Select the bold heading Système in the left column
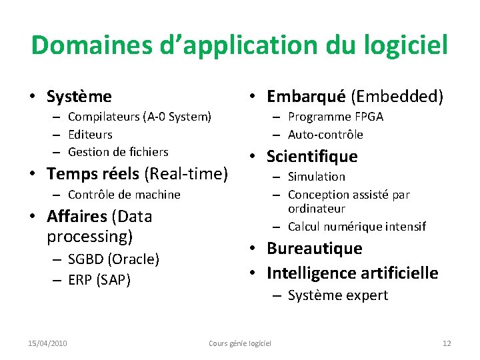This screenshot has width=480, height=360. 79,97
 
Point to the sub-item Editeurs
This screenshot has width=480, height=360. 90,135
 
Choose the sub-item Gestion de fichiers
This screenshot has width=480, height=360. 118,152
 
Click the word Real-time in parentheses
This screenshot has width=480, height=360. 187,174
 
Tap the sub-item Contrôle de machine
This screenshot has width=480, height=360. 124,195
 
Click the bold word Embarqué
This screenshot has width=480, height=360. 306,97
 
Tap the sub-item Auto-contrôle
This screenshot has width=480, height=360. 325,135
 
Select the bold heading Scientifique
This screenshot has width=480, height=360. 312,157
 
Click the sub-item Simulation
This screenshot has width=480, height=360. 317,177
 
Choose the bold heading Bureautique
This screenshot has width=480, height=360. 315,249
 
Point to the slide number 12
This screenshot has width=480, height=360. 447,343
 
